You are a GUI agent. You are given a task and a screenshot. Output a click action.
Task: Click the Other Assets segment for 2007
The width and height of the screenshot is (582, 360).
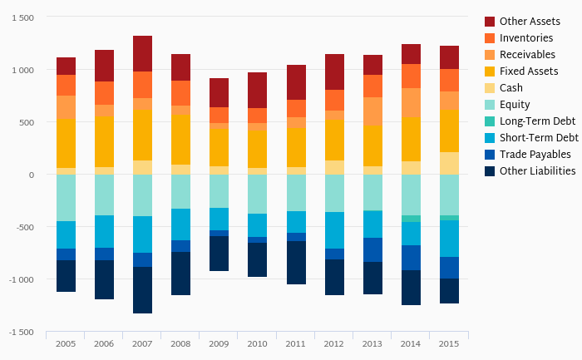pyautogui.click(x=142, y=53)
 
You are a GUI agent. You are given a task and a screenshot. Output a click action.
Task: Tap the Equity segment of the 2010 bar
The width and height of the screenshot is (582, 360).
pyautogui.click(x=257, y=194)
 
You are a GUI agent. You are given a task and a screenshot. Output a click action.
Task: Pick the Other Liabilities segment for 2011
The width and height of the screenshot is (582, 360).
pyautogui.click(x=295, y=263)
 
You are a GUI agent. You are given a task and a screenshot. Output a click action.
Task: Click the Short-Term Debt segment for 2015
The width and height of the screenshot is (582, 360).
pyautogui.click(x=449, y=239)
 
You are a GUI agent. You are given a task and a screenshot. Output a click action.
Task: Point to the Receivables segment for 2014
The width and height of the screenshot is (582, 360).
pyautogui.click(x=411, y=103)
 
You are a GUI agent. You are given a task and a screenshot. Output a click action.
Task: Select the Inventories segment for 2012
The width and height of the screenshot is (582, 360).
pyautogui.click(x=334, y=100)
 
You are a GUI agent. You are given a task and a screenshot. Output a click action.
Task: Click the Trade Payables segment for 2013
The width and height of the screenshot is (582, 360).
pyautogui.click(x=372, y=249)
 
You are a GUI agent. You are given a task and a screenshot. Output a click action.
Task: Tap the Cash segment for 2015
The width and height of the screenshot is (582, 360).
pyautogui.click(x=449, y=163)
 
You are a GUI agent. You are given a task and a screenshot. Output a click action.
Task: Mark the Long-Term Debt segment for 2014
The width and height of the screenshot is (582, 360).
pyautogui.click(x=411, y=219)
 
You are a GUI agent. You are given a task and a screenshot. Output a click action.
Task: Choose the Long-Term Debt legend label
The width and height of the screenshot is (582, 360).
pyautogui.click(x=537, y=121)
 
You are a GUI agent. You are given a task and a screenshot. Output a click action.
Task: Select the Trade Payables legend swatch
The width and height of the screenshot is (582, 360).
pyautogui.click(x=490, y=155)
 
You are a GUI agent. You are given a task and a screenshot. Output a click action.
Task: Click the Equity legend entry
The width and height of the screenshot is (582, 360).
pyautogui.click(x=515, y=105)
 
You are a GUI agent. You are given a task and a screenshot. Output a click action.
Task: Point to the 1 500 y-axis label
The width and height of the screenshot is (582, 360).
pyautogui.click(x=22, y=18)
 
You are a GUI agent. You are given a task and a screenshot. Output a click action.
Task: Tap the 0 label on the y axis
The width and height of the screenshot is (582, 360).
pyautogui.click(x=32, y=175)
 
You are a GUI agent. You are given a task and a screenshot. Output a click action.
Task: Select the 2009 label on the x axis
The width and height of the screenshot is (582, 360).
pyautogui.click(x=219, y=343)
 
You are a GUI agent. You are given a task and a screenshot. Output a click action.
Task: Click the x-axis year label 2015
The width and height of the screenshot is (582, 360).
pyautogui.click(x=449, y=343)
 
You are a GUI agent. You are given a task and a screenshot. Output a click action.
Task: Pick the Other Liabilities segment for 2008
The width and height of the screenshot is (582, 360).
pyautogui.click(x=180, y=274)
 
